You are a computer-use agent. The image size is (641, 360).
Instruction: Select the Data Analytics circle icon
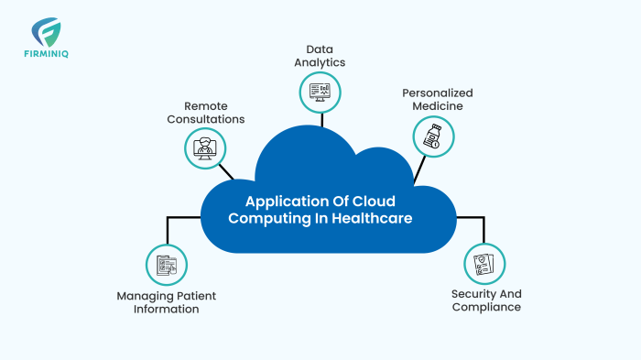tap(320, 92)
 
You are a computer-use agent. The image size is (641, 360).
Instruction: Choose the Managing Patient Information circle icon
tap(167, 265)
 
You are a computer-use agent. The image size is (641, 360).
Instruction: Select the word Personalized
tap(436, 93)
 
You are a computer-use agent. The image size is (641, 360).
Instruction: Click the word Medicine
tap(436, 106)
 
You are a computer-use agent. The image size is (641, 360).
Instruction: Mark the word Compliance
tap(486, 307)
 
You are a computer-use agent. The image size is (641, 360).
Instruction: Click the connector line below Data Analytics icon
tap(320, 117)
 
